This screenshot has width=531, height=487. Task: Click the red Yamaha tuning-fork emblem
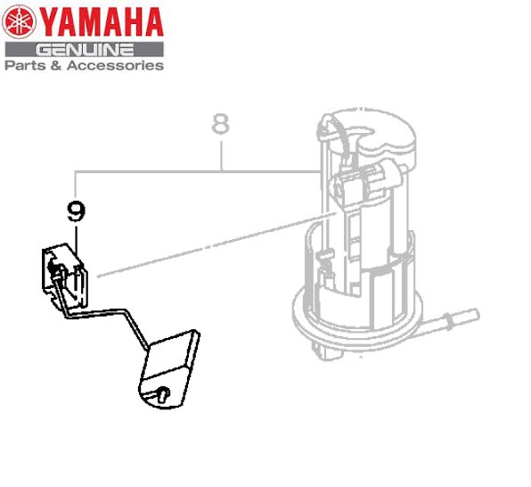click(19, 21)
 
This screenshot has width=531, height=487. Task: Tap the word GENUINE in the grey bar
click(85, 50)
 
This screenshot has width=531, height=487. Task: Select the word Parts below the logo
click(26, 65)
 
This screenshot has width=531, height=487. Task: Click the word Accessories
click(115, 65)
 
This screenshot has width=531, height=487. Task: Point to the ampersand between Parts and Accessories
click(56, 65)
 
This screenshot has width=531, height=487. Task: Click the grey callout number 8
click(220, 124)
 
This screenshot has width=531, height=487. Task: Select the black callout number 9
click(77, 211)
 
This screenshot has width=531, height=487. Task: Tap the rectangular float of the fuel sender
click(169, 369)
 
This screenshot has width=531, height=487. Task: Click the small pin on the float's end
click(163, 393)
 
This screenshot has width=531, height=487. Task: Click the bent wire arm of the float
click(102, 314)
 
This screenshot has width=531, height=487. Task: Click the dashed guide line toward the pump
click(216, 244)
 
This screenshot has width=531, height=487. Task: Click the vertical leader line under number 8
click(221, 155)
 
